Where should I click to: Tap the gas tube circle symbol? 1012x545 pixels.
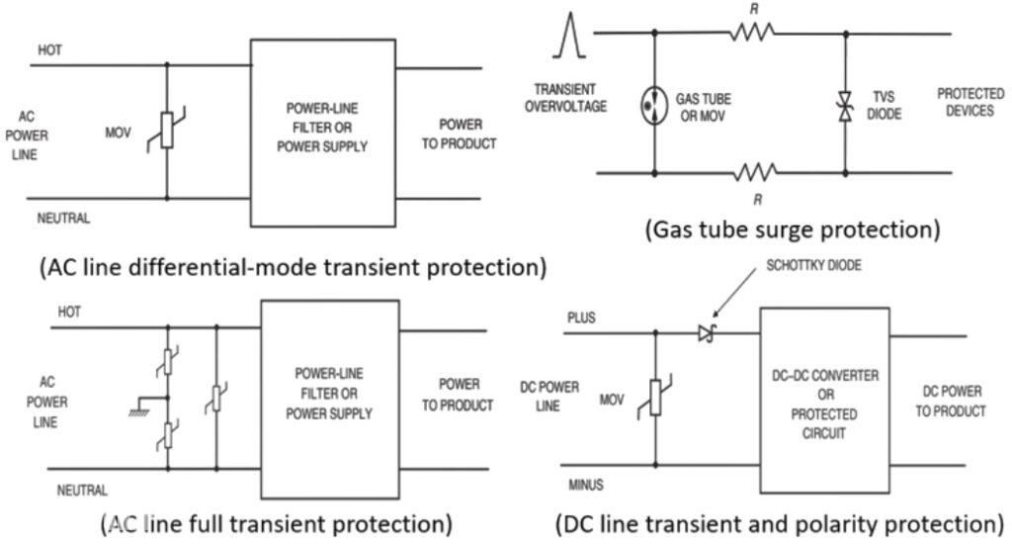(x=654, y=103)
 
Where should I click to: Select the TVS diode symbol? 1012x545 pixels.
(x=846, y=103)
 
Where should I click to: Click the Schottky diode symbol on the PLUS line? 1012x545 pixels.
(x=705, y=335)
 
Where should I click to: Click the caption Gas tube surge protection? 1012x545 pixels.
(x=792, y=229)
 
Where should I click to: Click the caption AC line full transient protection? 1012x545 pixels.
(x=278, y=521)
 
